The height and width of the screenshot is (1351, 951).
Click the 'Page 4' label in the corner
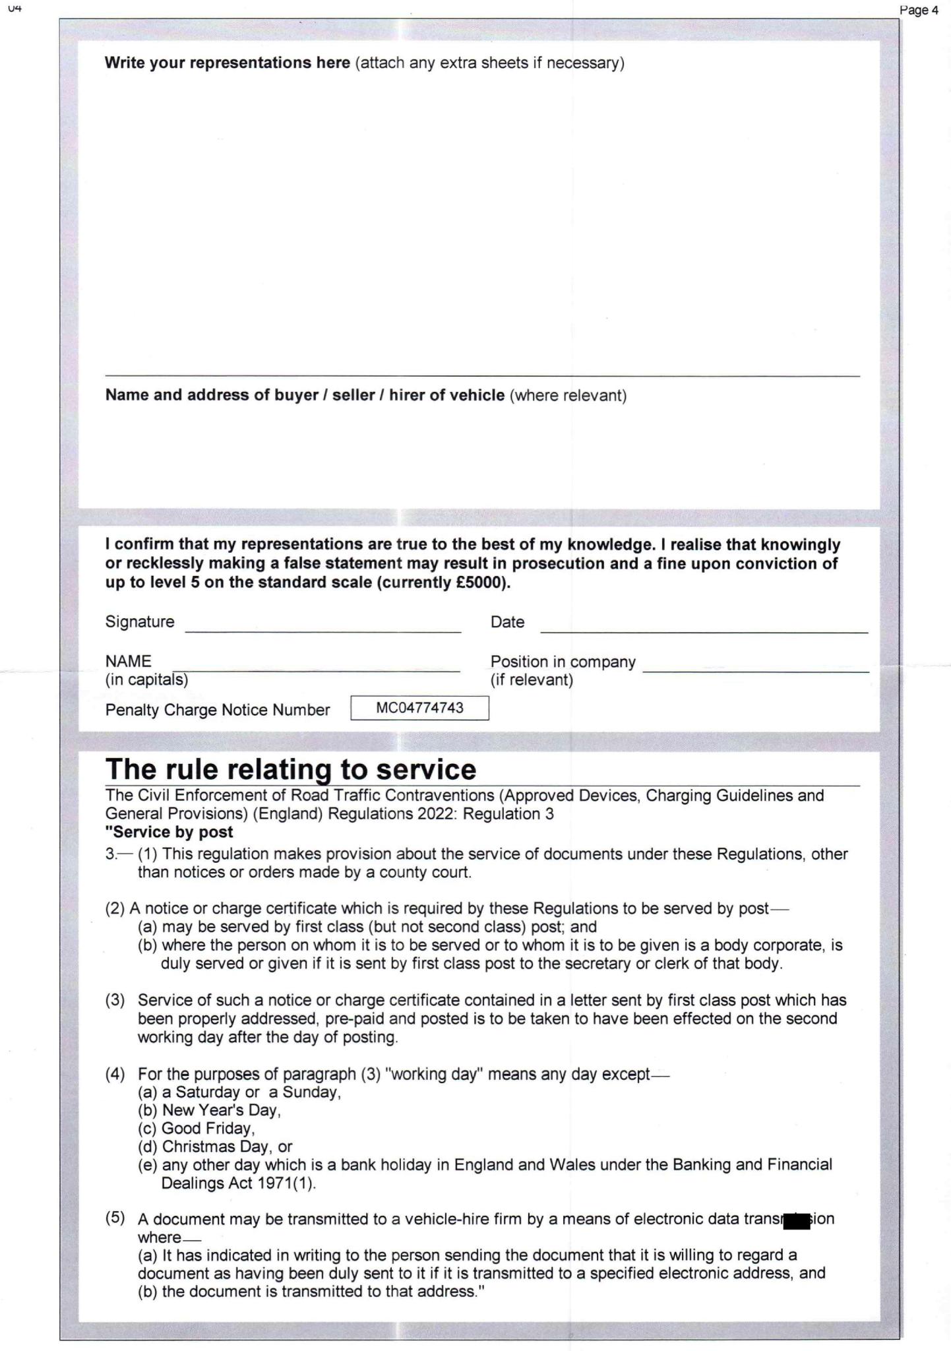(919, 10)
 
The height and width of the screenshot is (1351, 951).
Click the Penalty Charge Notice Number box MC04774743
(419, 708)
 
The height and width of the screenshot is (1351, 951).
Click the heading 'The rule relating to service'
(291, 770)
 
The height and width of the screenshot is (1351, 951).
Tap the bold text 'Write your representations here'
(227, 63)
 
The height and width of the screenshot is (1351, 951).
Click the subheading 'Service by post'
(170, 832)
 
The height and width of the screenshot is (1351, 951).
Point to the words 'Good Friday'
(208, 1128)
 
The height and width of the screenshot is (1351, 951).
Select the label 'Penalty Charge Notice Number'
(217, 710)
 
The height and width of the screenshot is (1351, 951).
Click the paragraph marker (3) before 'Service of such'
(115, 1001)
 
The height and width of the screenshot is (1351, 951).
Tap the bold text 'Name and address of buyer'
(304, 395)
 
